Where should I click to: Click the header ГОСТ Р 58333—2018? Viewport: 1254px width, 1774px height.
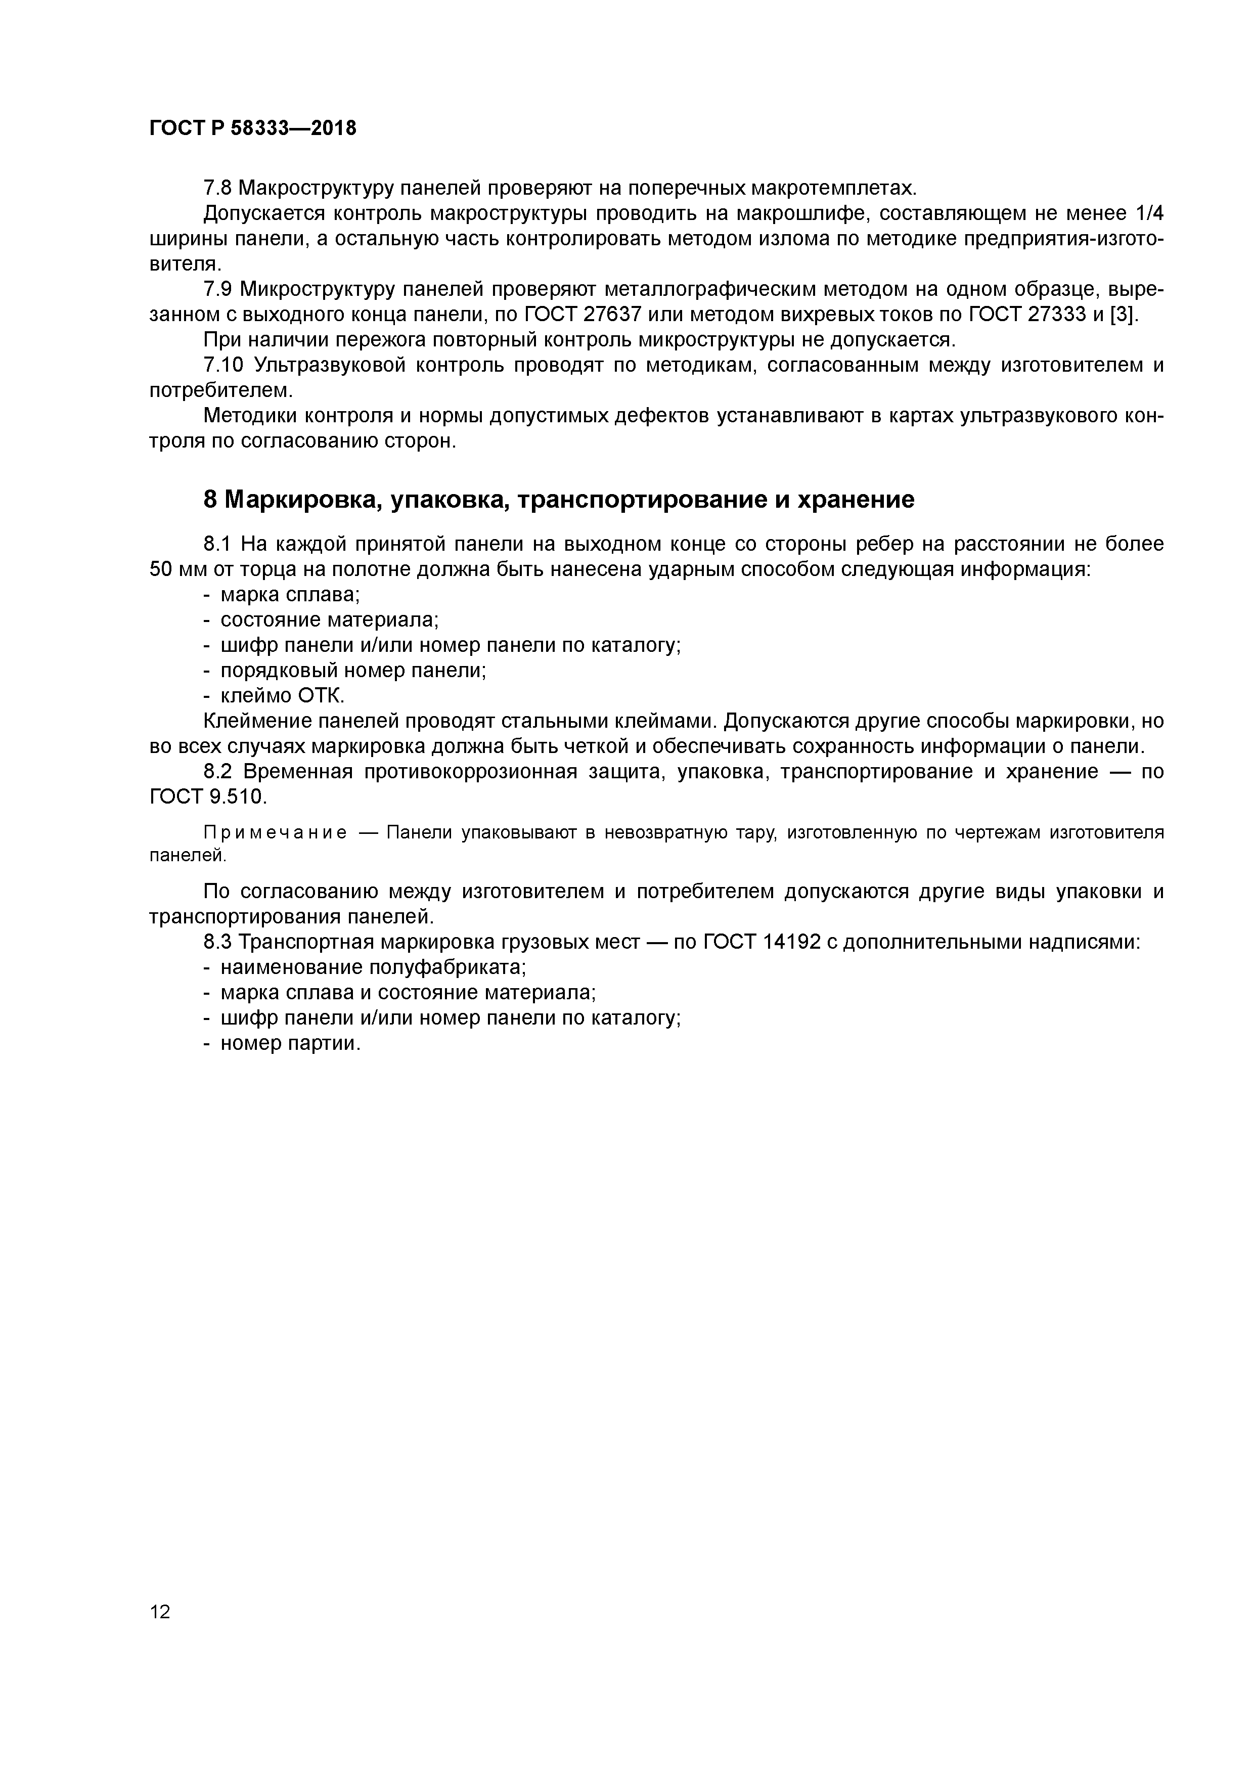[x=253, y=128]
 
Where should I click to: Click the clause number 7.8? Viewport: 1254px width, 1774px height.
[x=218, y=188]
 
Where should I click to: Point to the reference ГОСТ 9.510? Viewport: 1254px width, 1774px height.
[x=207, y=796]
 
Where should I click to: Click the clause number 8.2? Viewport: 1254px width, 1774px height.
[x=218, y=771]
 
